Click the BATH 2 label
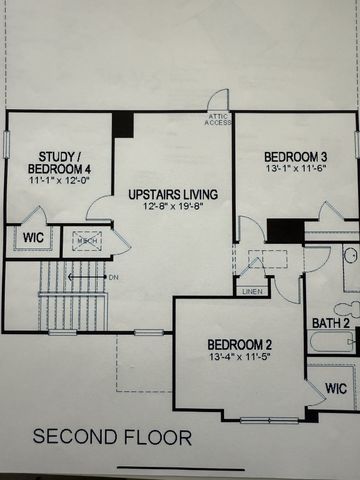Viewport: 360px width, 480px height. [x=330, y=323]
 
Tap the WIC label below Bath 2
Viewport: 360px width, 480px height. [x=337, y=387]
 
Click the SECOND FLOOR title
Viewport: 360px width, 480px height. [x=112, y=437]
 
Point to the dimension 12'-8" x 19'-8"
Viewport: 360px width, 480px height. [x=171, y=207]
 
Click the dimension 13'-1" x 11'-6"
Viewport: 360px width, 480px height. [x=296, y=170]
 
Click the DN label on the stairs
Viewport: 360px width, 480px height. [x=113, y=276]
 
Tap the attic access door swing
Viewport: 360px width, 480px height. [x=218, y=100]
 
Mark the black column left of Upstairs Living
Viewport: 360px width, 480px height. [x=122, y=124]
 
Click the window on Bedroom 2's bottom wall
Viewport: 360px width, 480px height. [x=269, y=420]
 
